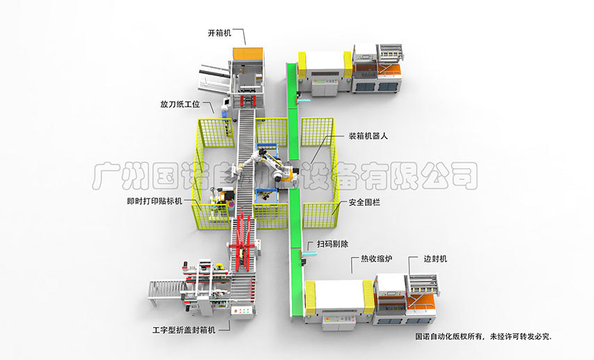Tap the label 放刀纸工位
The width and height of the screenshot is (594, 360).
point(180,105)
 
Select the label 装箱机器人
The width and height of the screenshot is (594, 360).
point(368,136)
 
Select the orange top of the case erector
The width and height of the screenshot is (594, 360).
point(249,54)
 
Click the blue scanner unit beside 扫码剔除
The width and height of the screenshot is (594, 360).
point(307,255)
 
